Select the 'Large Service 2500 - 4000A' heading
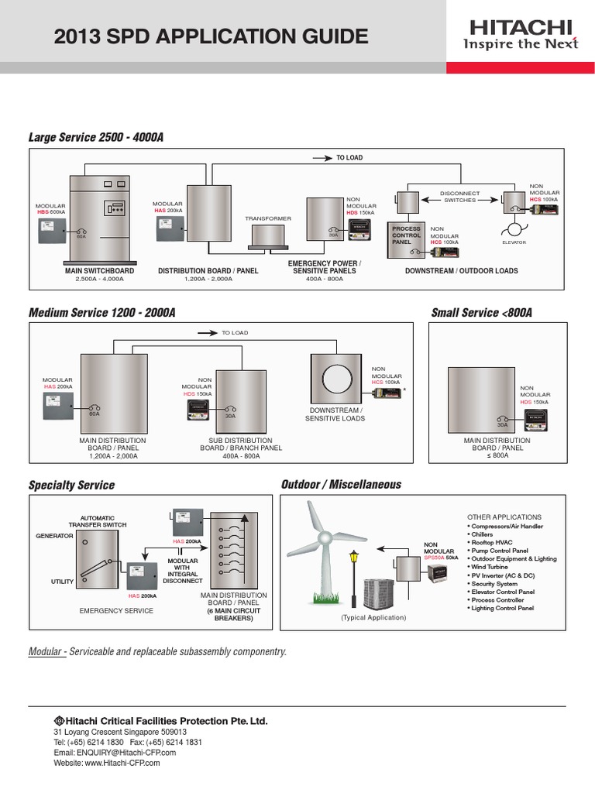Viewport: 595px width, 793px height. point(96,137)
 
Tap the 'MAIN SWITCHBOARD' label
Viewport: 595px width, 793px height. point(100,271)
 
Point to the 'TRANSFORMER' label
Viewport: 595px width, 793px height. point(268,219)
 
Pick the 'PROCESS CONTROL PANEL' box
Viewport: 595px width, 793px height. point(407,235)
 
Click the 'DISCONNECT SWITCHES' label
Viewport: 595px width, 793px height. point(459,197)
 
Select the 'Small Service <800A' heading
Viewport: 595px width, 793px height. point(481,313)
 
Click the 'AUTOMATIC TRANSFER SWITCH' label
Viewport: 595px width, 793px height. point(98,521)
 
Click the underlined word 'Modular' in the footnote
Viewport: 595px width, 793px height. point(46,652)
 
